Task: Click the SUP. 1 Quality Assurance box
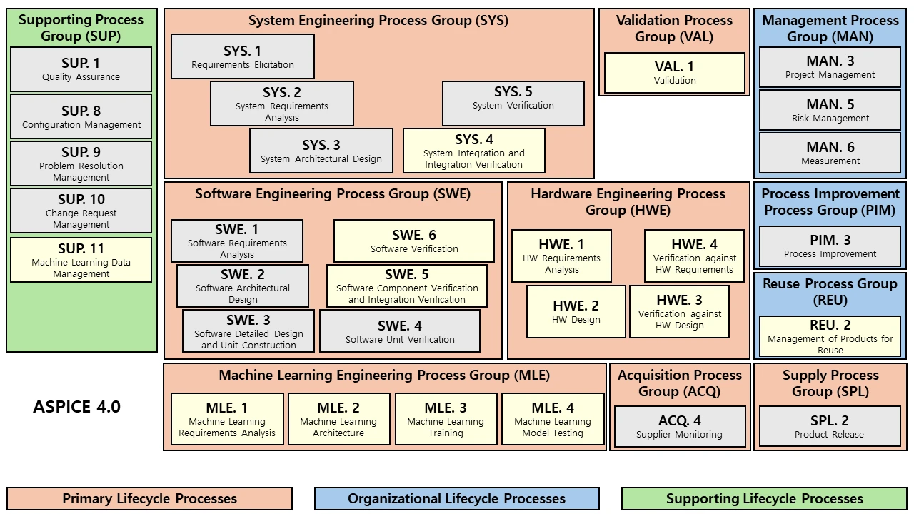(81, 69)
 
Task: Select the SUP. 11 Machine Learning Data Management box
(81, 260)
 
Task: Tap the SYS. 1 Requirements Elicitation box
(243, 56)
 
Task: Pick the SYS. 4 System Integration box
(474, 151)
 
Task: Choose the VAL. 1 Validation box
(675, 73)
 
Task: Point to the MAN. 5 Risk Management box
(830, 110)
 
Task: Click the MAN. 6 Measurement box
(830, 153)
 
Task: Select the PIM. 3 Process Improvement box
(830, 246)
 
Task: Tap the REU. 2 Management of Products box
(830, 336)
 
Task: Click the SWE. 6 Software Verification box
(414, 241)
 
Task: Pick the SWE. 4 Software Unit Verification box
(400, 331)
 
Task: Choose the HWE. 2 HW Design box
(576, 312)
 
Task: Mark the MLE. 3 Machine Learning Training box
(446, 419)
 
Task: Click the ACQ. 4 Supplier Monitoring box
(680, 427)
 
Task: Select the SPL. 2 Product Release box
(830, 427)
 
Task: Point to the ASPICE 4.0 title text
(76, 408)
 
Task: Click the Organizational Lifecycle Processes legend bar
(457, 499)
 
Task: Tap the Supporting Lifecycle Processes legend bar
(764, 499)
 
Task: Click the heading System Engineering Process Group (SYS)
(378, 21)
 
